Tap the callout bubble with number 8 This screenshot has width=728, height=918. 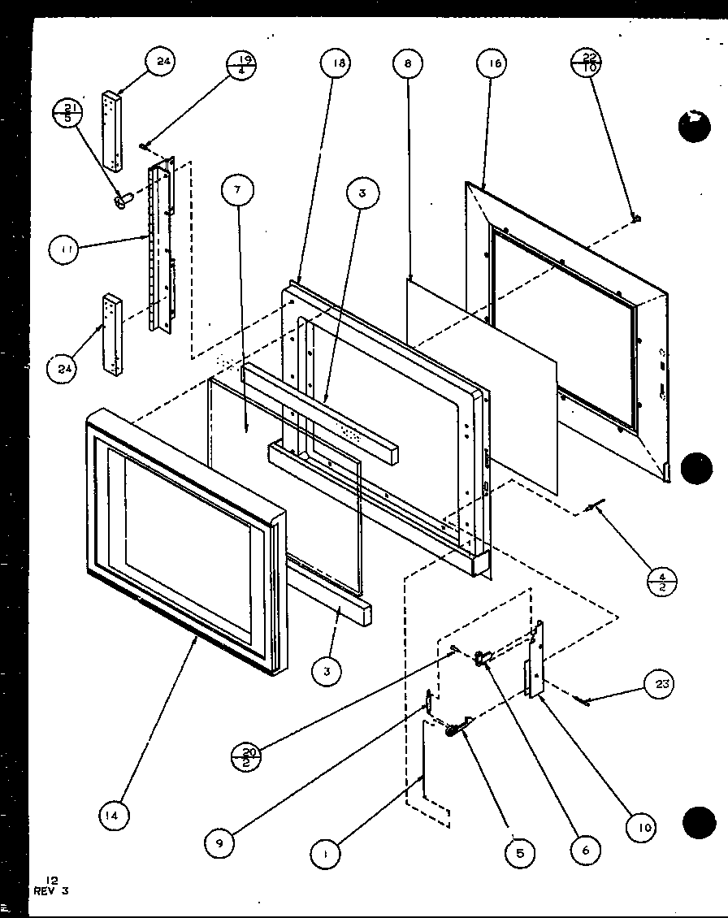407,63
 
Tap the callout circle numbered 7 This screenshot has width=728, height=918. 237,191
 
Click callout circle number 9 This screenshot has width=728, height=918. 219,843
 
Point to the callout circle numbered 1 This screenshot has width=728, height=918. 325,853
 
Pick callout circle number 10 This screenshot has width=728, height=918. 643,827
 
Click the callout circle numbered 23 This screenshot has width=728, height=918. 662,684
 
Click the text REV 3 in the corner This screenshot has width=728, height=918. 51,890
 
